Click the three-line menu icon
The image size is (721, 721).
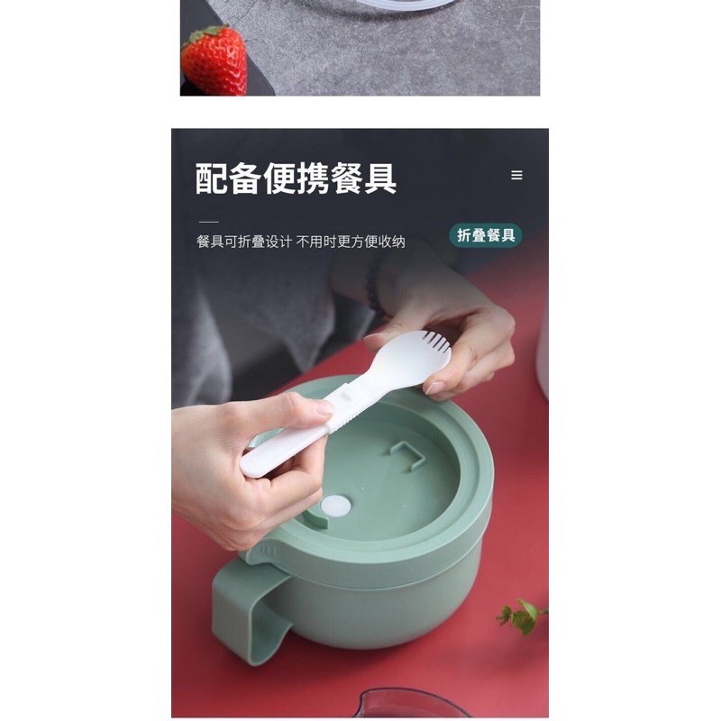pos(516,175)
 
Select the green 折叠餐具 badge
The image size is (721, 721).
pos(486,235)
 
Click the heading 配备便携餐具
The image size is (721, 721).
pos(296,178)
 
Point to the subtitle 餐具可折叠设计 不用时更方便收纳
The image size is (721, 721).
pos(301,242)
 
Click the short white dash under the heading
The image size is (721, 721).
pos(209,222)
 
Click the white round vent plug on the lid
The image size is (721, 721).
pos(335,506)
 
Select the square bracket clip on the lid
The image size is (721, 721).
pos(407,455)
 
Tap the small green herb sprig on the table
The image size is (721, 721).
pos(522,616)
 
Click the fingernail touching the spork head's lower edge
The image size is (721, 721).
pos(434,388)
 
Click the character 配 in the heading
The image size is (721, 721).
pos(212,178)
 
